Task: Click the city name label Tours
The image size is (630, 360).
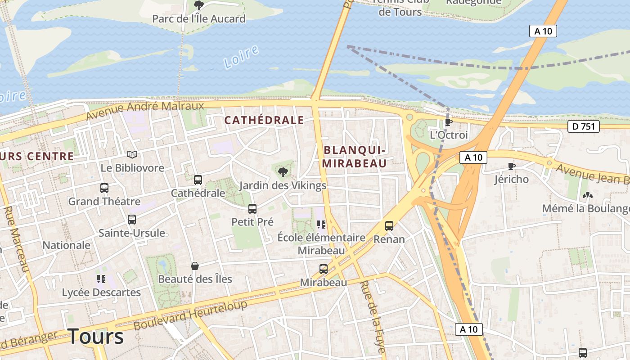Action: pyautogui.click(x=95, y=337)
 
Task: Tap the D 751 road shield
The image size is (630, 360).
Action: pyautogui.click(x=584, y=126)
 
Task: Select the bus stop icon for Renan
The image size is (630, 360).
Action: pyautogui.click(x=389, y=226)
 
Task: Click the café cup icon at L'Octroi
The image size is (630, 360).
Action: pyautogui.click(x=448, y=122)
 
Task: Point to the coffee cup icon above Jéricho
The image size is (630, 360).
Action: pyautogui.click(x=511, y=166)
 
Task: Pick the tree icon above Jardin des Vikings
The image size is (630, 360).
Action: pyautogui.click(x=283, y=172)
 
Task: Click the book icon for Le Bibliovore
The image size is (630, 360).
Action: pyautogui.click(x=132, y=155)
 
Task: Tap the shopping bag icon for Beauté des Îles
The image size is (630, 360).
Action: pyautogui.click(x=195, y=266)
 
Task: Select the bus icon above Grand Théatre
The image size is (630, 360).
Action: pyautogui.click(x=104, y=188)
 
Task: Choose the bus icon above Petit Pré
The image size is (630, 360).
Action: pyautogui.click(x=252, y=209)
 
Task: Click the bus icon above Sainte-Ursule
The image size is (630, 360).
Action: pyautogui.click(x=132, y=220)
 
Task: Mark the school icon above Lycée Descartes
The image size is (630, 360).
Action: pyautogui.click(x=101, y=279)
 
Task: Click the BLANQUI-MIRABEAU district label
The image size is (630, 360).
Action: pyautogui.click(x=354, y=157)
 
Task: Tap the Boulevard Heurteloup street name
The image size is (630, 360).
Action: pyautogui.click(x=190, y=315)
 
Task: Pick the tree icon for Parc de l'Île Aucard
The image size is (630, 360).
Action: pyautogui.click(x=198, y=5)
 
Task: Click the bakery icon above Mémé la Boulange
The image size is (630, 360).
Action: pyautogui.click(x=587, y=195)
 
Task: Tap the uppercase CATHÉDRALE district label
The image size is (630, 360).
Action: pyautogui.click(x=264, y=120)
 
